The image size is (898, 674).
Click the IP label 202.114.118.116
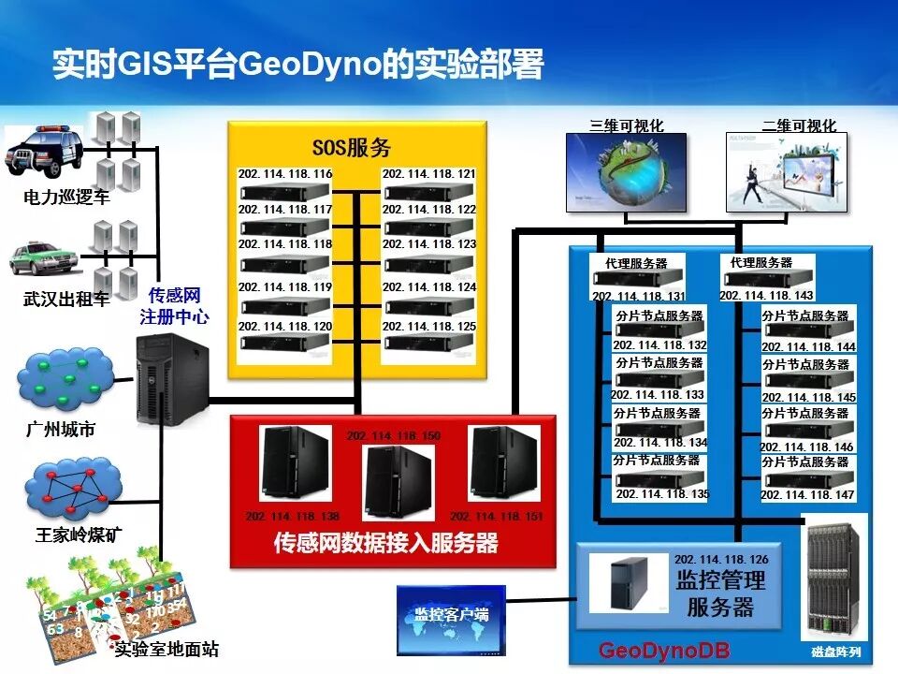[x=285, y=174]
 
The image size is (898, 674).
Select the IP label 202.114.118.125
[x=429, y=327]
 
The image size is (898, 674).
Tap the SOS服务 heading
[x=351, y=147]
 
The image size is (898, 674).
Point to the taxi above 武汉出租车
[x=43, y=260]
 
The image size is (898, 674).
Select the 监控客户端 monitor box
[x=451, y=620]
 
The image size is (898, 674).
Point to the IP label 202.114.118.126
[x=720, y=559]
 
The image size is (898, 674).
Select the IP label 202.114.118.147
[x=807, y=494]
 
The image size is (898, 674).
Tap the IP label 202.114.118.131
[x=638, y=296]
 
